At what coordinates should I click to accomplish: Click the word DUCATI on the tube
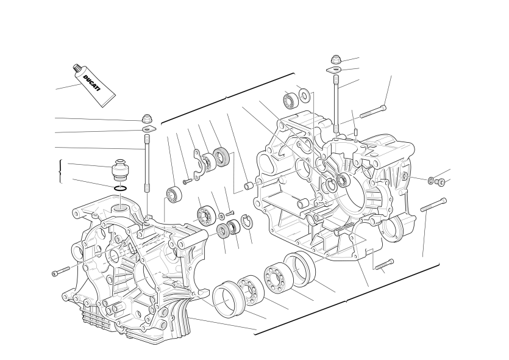click(x=92, y=84)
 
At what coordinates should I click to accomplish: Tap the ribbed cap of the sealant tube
click(x=76, y=68)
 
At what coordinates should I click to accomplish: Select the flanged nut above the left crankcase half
click(x=148, y=118)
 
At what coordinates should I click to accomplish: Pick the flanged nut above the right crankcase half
click(x=336, y=60)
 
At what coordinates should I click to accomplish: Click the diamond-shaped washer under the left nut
click(x=149, y=129)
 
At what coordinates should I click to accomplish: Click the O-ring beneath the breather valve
click(x=120, y=188)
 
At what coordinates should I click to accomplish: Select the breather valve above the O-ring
click(x=120, y=170)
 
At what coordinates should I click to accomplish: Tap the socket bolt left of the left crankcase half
click(x=61, y=272)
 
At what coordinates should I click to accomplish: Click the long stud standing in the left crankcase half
click(x=147, y=165)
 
